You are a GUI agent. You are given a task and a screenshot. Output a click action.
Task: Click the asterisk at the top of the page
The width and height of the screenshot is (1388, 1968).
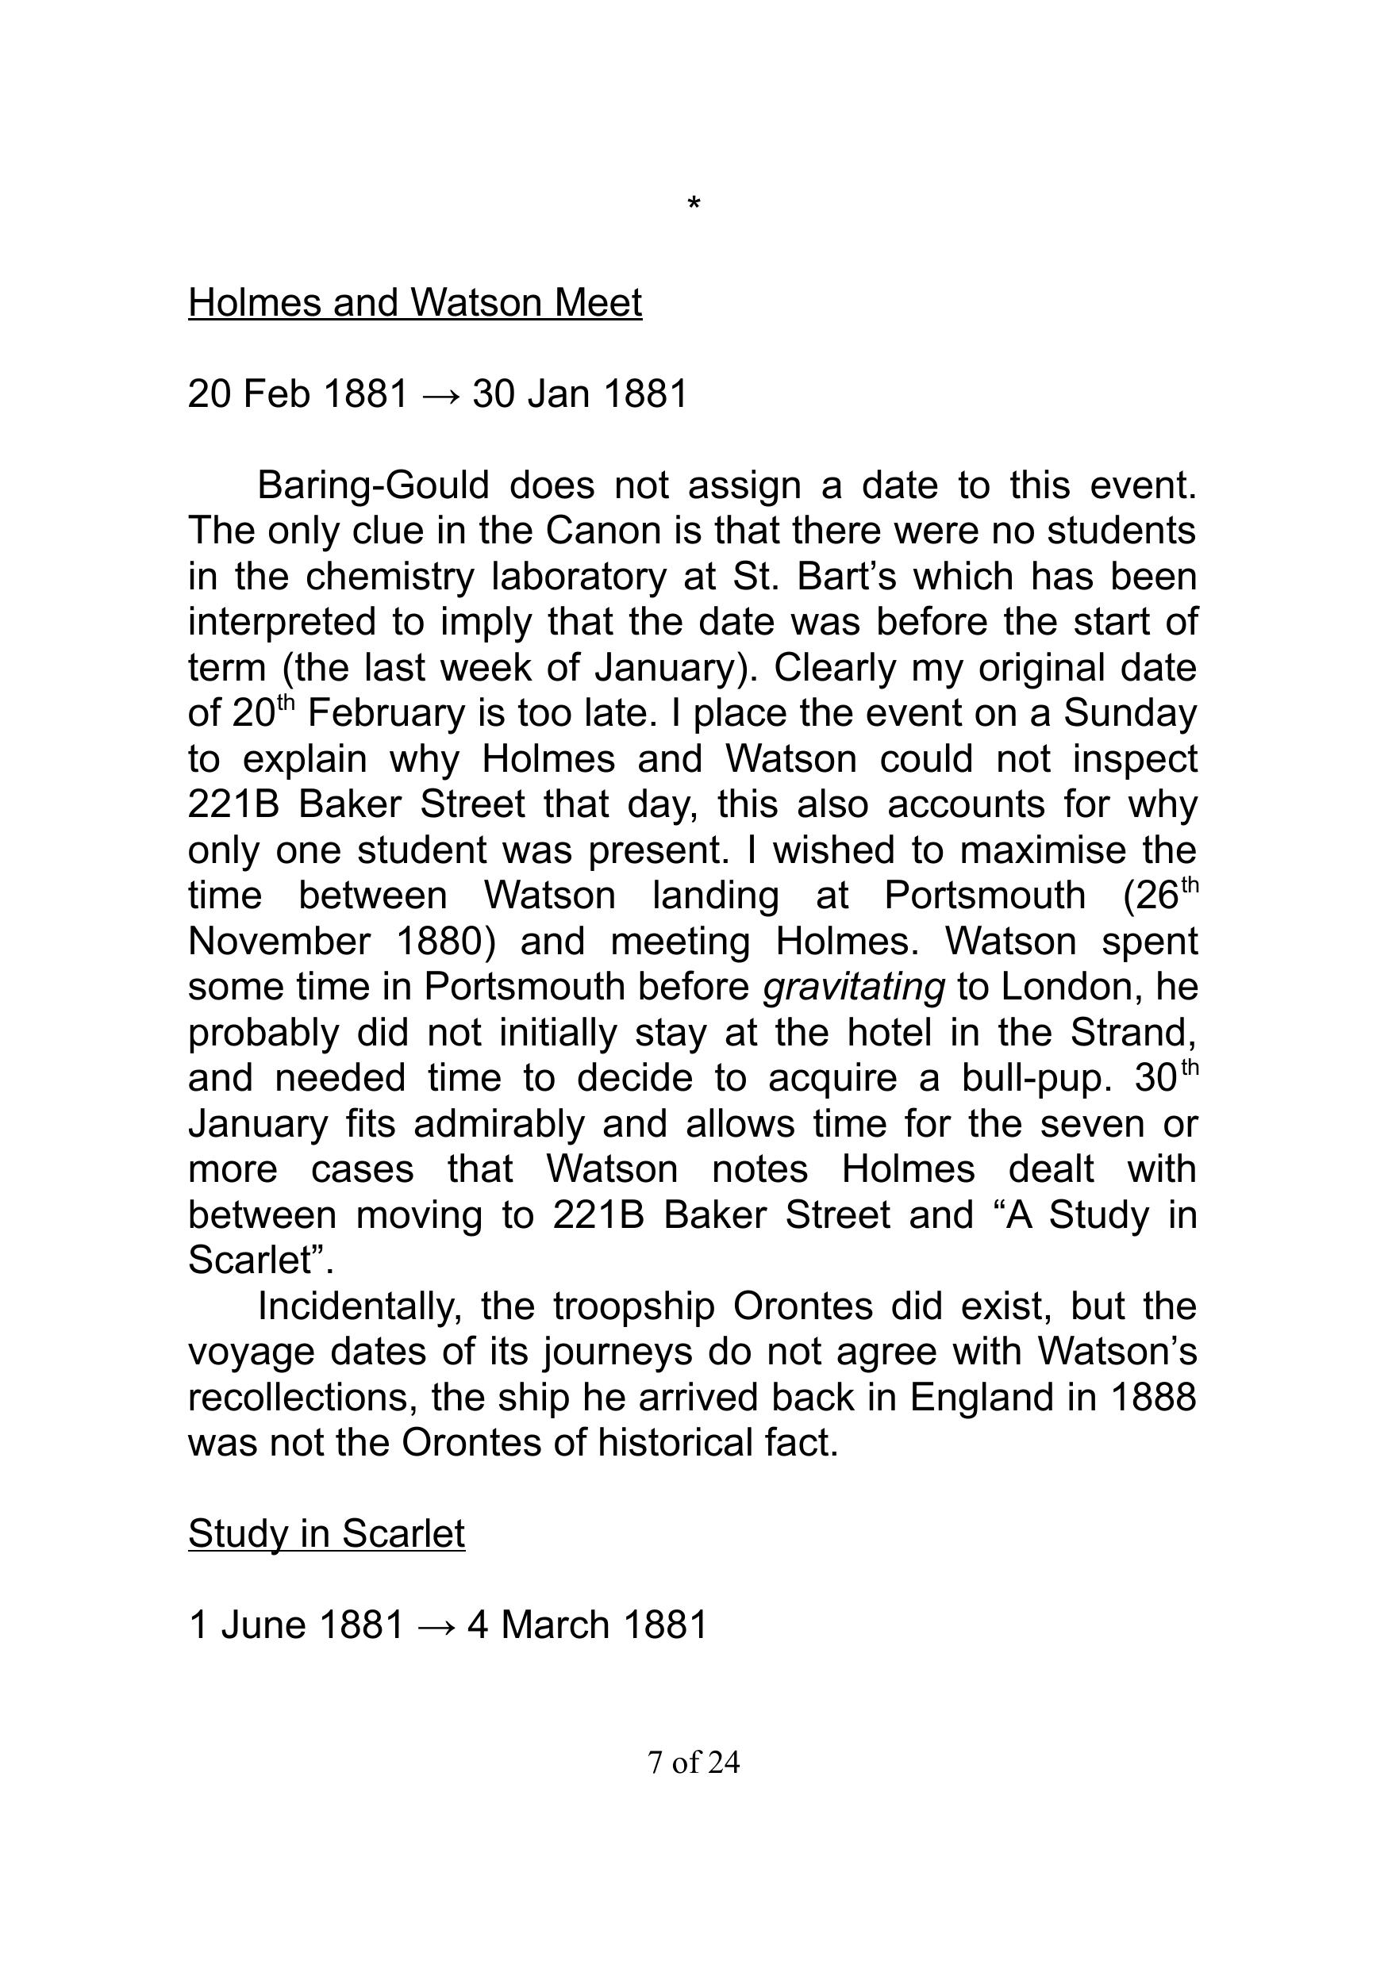tap(694, 205)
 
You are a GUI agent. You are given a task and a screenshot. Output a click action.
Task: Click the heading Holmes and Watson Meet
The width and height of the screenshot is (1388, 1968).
tap(415, 302)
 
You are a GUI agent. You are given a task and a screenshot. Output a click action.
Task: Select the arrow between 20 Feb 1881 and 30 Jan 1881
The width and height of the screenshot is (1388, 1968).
tap(440, 394)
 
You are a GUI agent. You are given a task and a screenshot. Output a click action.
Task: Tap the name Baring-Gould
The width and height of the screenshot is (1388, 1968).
tap(373, 485)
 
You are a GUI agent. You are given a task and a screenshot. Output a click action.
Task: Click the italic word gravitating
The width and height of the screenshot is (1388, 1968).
tap(854, 987)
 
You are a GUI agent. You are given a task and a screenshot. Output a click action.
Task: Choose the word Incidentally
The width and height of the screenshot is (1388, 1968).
tap(360, 1306)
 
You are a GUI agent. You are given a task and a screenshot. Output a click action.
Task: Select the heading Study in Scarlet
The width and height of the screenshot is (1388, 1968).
tap(327, 1533)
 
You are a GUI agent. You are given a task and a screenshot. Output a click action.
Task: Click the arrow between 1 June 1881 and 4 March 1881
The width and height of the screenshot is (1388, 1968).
tap(435, 1625)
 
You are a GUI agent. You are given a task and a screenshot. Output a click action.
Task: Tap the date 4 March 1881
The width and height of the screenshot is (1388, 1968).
tap(587, 1625)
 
